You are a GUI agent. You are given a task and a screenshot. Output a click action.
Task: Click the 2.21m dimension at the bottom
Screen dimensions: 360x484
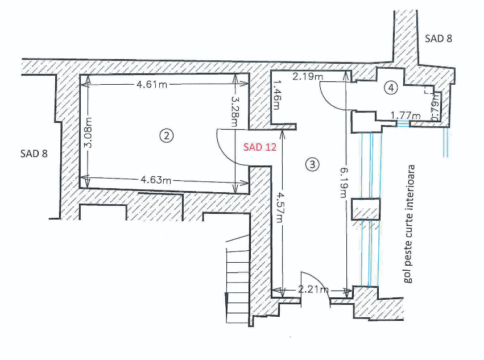coord(311,290)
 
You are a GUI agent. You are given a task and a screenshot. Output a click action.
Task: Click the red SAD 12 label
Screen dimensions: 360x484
coord(260,147)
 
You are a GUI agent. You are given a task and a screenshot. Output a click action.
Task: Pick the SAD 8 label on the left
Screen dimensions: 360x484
coord(34,154)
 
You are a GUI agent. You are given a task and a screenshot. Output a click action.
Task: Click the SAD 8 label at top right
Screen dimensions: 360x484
coord(440,39)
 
